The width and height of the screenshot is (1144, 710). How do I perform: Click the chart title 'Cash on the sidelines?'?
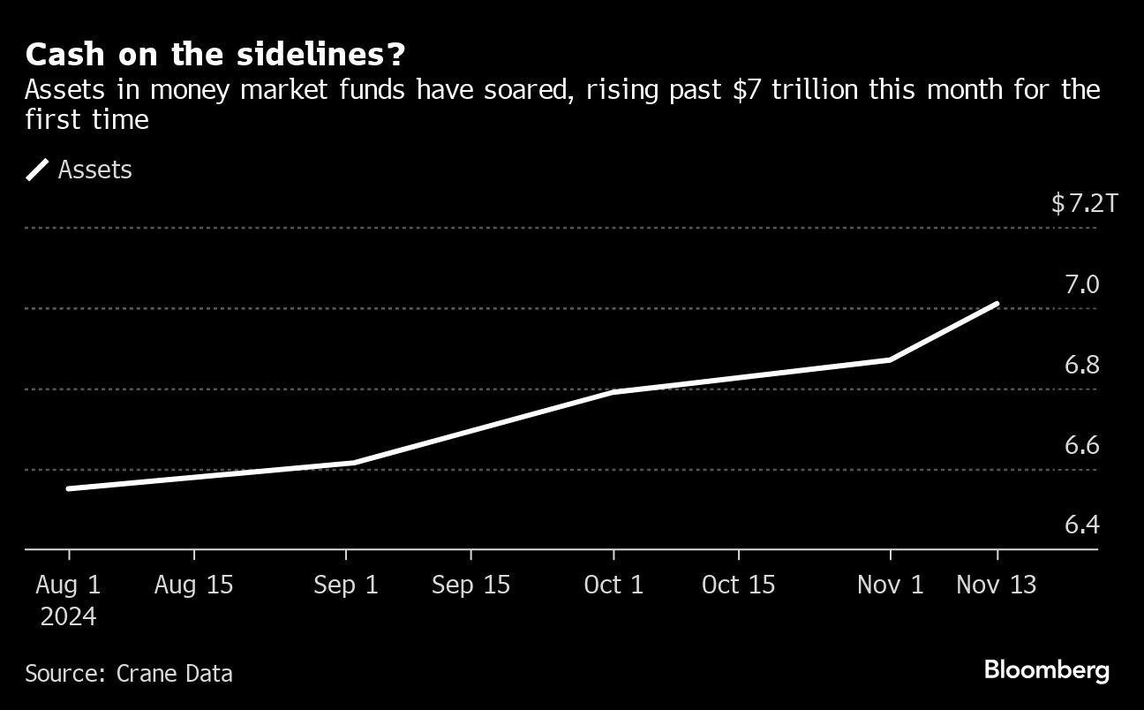(215, 55)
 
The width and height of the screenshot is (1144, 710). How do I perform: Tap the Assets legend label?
(94, 170)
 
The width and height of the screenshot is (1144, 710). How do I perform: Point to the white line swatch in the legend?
(38, 170)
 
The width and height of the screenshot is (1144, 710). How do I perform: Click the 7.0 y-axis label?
(1081, 284)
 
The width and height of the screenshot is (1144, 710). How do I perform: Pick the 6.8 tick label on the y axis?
(1081, 365)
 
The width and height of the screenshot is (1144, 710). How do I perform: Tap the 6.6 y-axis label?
(1081, 445)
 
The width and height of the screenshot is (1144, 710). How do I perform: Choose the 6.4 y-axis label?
(1081, 525)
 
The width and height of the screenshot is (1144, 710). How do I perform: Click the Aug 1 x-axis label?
(68, 585)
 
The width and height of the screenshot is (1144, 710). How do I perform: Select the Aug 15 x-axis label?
(193, 585)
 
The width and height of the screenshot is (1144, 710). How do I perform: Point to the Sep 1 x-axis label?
(346, 585)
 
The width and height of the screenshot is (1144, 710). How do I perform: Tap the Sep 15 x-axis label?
(470, 585)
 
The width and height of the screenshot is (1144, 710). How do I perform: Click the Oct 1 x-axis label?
(613, 585)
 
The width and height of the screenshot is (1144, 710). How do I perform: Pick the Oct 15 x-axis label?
(738, 585)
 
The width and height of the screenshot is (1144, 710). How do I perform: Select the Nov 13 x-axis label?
(997, 585)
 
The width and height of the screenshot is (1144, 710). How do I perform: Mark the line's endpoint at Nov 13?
(997, 304)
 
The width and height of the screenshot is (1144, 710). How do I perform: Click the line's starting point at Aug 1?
(69, 488)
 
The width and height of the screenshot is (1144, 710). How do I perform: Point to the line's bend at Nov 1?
(890, 359)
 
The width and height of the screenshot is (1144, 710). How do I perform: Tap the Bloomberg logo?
(1046, 670)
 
